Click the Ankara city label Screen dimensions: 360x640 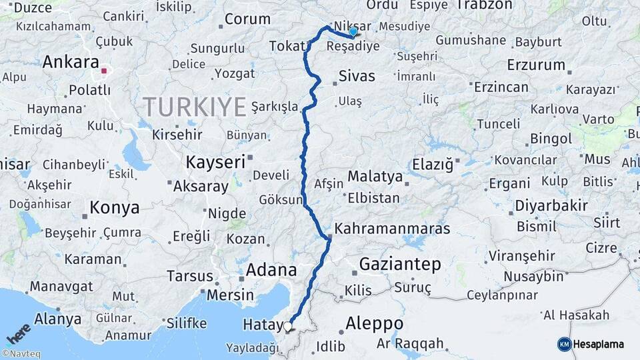pyautogui.click(x=70, y=62)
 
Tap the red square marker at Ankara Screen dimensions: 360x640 pyautogui.click(x=104, y=69)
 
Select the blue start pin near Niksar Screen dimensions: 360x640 pyautogui.click(x=353, y=31)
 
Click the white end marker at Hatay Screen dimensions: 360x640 pyautogui.click(x=288, y=327)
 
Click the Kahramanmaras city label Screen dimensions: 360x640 pyautogui.click(x=392, y=229)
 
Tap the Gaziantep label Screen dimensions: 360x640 pyautogui.click(x=400, y=264)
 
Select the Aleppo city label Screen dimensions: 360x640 pyautogui.click(x=374, y=324)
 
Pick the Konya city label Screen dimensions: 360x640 pyautogui.click(x=115, y=207)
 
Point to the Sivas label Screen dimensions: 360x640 pyautogui.click(x=357, y=76)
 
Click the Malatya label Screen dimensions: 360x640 pyautogui.click(x=375, y=177)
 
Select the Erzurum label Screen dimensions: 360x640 pyautogui.click(x=535, y=65)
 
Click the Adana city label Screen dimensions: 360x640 pyautogui.click(x=271, y=270)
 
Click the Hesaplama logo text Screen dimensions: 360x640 pyautogui.click(x=598, y=344)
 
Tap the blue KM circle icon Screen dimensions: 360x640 pyautogui.click(x=564, y=344)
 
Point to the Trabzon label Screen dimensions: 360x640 pyautogui.click(x=484, y=5)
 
